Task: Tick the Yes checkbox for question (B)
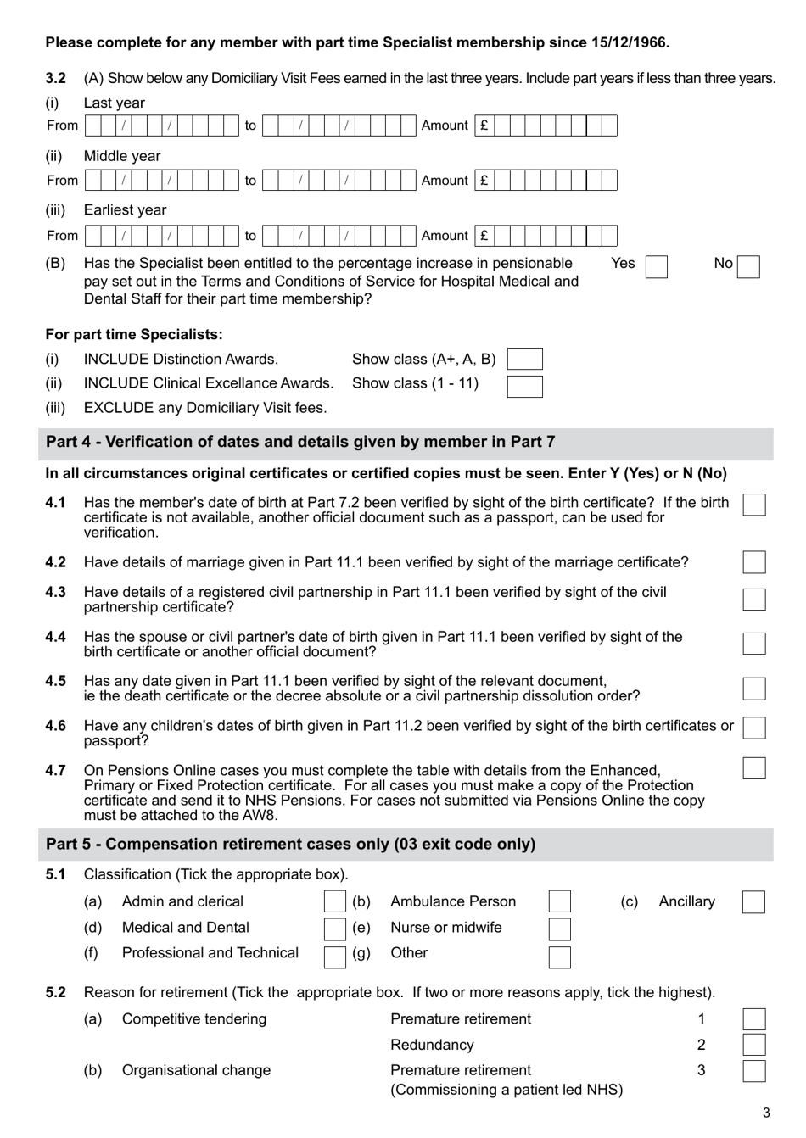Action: pos(656,267)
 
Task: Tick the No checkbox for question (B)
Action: pos(748,267)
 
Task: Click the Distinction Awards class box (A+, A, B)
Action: pos(524,360)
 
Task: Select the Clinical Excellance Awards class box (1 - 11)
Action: pos(524,387)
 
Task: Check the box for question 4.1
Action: pos(753,505)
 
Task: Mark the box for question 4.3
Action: pos(753,600)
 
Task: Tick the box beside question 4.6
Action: pos(753,728)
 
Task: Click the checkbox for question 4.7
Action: pos(753,768)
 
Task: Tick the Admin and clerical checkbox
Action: pos(334,902)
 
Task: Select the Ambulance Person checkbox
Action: pos(559,902)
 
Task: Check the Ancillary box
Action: pos(753,902)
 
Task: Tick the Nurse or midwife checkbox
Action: pos(559,929)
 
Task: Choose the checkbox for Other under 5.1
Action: pos(559,957)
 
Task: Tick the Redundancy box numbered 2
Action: pos(753,1045)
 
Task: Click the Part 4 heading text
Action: pos(300,442)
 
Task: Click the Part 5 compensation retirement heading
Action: pos(290,845)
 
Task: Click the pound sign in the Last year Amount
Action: pos(484,126)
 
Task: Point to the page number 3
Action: pos(766,1113)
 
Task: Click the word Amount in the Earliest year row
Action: pos(445,236)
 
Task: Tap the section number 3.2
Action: pos(55,78)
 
